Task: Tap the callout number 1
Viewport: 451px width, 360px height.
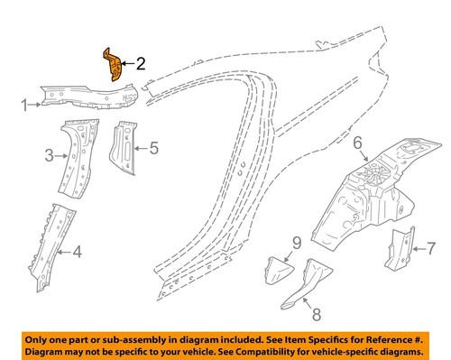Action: tap(25, 106)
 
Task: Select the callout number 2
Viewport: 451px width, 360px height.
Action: tap(141, 63)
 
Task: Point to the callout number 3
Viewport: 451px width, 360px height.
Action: tap(51, 156)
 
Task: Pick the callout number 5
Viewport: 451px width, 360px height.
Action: tap(153, 146)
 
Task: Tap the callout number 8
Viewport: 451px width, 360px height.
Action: tap(315, 316)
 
